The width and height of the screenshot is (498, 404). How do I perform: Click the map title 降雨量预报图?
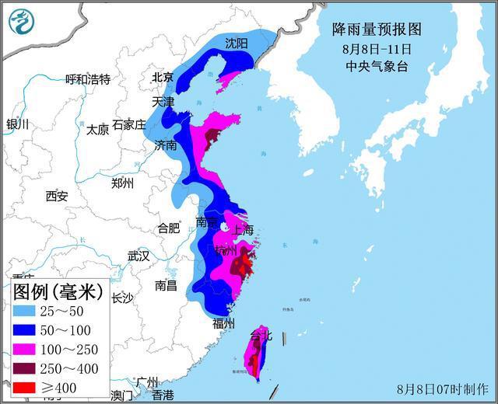coord(377,30)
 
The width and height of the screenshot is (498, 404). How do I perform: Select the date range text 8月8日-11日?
coord(377,49)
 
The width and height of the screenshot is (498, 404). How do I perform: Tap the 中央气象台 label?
coord(377,66)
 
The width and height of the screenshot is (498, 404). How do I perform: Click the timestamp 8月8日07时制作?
coord(442,388)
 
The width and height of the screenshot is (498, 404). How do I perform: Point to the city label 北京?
coord(163,77)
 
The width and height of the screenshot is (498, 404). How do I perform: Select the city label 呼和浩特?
coord(88,79)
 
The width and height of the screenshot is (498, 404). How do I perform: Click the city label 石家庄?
coord(128,124)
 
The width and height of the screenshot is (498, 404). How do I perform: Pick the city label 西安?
coord(56,196)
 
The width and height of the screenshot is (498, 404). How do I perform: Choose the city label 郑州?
coord(122,183)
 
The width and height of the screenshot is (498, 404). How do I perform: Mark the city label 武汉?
coord(139,256)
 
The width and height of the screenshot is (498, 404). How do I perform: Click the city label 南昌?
coord(166,285)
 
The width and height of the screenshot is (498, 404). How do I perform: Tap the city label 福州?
coord(223,323)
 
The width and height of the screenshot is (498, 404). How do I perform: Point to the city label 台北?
coord(261,336)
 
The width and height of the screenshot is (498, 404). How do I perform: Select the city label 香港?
coord(163,395)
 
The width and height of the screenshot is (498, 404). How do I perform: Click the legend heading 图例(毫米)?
coord(58,292)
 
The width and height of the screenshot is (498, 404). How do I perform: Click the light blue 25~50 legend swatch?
coord(27,311)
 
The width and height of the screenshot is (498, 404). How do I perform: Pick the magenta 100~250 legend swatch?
coord(27,350)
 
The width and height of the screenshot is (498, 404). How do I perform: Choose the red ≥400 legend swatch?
coord(27,388)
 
